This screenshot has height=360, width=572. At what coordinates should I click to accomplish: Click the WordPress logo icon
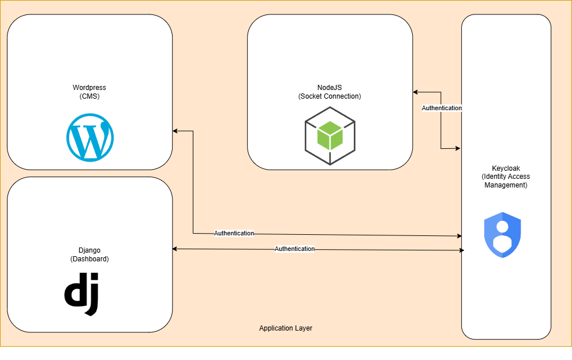pos(90,137)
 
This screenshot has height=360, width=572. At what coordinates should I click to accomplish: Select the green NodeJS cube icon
pos(330,136)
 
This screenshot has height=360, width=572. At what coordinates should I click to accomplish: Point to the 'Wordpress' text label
pos(89,88)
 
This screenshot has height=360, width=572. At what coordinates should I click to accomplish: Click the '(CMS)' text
pos(89,96)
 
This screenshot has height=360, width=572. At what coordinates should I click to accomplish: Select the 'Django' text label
pos(89,250)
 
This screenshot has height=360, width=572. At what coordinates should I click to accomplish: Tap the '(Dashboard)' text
pos(89,259)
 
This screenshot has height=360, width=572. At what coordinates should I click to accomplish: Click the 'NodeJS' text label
pos(330,88)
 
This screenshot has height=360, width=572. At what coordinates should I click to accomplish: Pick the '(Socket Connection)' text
pos(330,96)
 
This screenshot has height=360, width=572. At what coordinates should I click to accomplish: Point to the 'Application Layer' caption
pos(286,328)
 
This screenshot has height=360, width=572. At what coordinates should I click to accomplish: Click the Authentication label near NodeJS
pos(442,108)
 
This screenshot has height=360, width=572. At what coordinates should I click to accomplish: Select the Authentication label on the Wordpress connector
pos(234,233)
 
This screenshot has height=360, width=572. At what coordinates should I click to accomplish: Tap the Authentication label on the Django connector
pos(294,249)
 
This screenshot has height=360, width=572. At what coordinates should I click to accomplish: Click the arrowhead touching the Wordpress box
pos(175,131)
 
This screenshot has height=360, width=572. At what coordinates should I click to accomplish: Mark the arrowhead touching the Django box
pos(175,249)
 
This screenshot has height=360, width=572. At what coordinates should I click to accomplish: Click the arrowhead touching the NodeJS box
pos(416,92)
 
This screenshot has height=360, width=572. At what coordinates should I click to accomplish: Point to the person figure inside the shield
pos(502,235)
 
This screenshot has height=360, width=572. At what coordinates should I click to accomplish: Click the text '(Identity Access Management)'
pos(506,181)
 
